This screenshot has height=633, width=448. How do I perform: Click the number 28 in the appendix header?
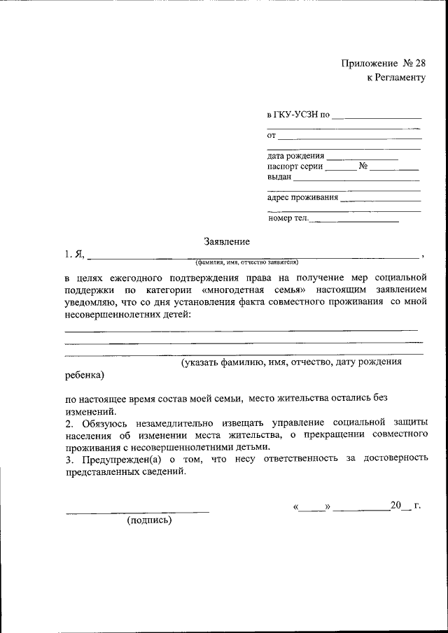[x=419, y=63]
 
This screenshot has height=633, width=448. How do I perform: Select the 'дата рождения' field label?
[x=295, y=156]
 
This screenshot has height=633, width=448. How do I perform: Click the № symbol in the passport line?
[x=363, y=166]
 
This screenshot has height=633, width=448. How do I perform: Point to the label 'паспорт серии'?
[x=295, y=166]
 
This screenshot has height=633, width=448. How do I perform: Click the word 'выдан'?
[x=279, y=177]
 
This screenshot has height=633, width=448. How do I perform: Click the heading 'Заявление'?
[x=227, y=241]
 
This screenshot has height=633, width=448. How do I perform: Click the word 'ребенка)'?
[x=84, y=375]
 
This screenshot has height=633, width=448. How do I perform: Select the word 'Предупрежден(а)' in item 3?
[x=117, y=459]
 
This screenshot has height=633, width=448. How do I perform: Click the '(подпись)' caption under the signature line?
[x=149, y=520]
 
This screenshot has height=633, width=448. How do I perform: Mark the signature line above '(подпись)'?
[x=137, y=513]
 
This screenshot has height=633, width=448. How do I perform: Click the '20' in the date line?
[x=396, y=505]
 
